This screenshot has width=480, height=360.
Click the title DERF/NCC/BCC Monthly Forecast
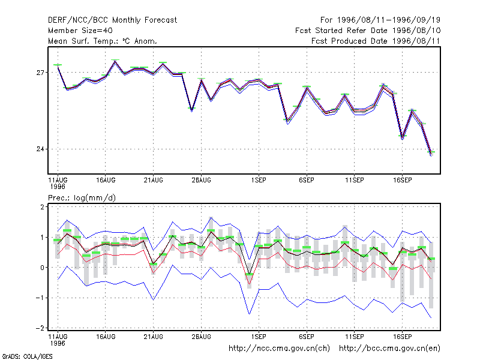(x=112, y=20)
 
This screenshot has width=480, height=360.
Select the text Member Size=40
(x=80, y=31)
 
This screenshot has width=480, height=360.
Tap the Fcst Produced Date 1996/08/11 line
(x=376, y=41)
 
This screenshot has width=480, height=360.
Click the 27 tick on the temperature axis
(x=40, y=73)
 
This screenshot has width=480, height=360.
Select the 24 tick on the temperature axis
(x=40, y=149)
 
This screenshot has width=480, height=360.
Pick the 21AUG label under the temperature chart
(x=154, y=181)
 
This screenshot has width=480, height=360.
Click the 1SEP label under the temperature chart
(x=259, y=181)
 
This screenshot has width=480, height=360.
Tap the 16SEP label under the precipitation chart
(x=402, y=337)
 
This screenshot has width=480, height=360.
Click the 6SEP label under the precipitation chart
(x=307, y=337)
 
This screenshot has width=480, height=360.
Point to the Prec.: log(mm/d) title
(x=82, y=198)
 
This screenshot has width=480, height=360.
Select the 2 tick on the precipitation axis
(x=42, y=207)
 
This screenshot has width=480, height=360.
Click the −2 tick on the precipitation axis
(x=40, y=328)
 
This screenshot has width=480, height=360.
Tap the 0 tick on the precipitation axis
(x=42, y=268)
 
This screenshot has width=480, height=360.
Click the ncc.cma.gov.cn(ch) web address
(x=279, y=349)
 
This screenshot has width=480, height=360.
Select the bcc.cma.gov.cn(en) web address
(x=389, y=349)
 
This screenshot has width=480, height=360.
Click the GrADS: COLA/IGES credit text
(x=27, y=356)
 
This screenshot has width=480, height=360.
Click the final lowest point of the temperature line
(x=431, y=154)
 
